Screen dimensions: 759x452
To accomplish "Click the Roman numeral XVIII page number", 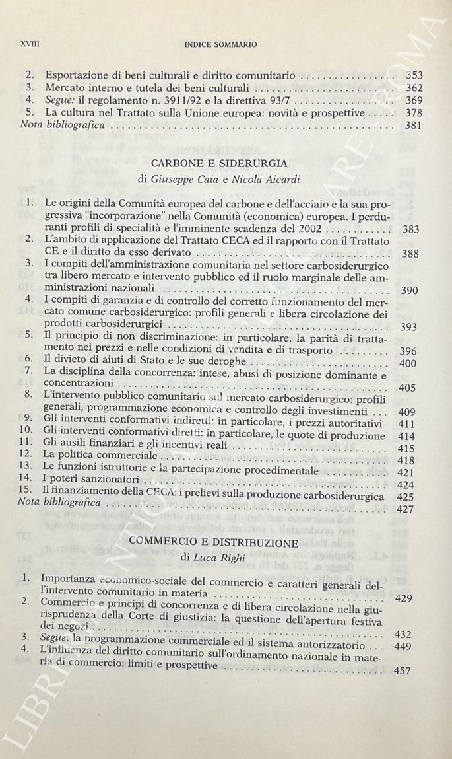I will coord(30,44).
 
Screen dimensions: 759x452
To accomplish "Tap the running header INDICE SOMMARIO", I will coord(220,44).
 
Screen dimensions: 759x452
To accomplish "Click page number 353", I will coord(414,75).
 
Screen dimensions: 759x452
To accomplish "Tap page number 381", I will coord(414,126).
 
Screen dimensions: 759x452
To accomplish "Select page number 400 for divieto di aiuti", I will coord(409,363).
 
